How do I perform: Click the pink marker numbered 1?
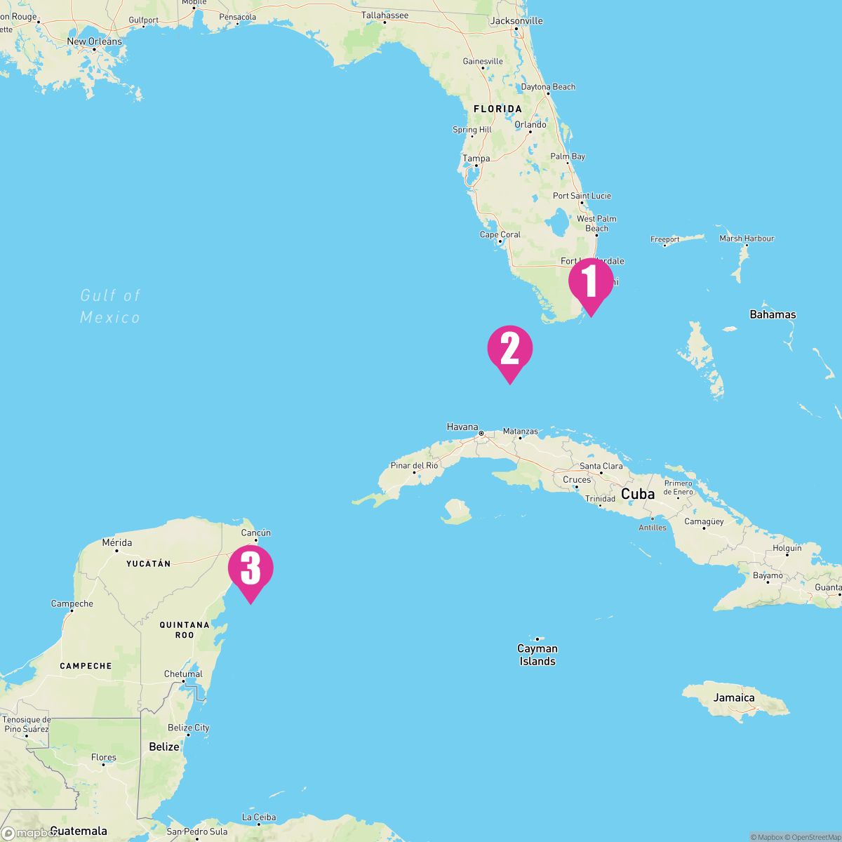click(x=590, y=282)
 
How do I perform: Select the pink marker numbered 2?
click(x=510, y=349)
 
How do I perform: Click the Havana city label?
click(x=462, y=427)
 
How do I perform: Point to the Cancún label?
click(x=255, y=533)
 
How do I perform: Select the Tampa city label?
click(x=476, y=159)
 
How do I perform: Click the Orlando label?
click(x=530, y=125)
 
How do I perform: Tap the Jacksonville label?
click(x=516, y=21)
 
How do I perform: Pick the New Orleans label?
click(x=94, y=41)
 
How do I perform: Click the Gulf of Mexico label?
click(x=110, y=307)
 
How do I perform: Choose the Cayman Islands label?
click(x=537, y=655)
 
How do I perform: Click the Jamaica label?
click(x=734, y=697)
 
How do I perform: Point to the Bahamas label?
click(x=773, y=314)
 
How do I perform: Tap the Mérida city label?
click(x=116, y=542)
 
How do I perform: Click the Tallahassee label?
click(x=385, y=15)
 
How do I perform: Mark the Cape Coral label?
click(x=500, y=235)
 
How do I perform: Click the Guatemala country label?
click(x=79, y=831)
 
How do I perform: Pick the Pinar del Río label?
click(x=415, y=465)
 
